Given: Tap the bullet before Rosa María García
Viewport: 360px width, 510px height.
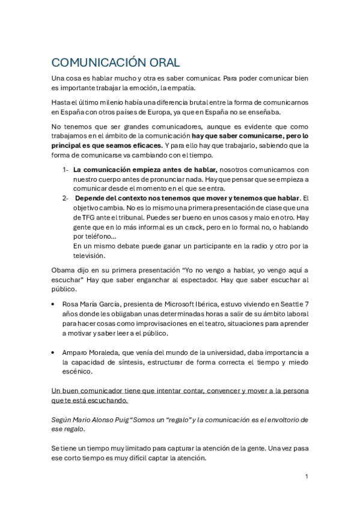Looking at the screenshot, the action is (x=54, y=305).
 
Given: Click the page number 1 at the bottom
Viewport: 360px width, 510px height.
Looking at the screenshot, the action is (x=307, y=476).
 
